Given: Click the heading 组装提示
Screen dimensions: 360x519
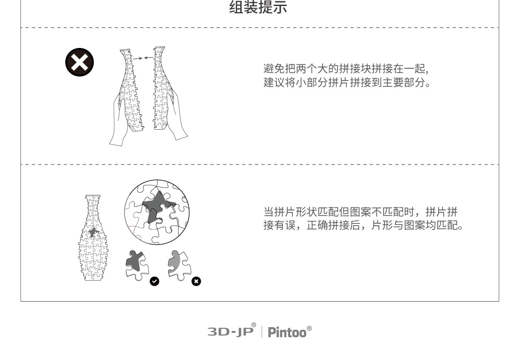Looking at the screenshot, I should pyautogui.click(x=258, y=7).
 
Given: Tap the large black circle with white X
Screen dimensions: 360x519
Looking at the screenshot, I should pyautogui.click(x=79, y=63).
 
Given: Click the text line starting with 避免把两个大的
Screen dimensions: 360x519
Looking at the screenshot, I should pyautogui.click(x=346, y=68).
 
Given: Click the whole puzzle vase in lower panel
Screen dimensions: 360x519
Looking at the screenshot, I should pyautogui.click(x=94, y=238).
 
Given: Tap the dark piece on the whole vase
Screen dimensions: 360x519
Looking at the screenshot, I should pyautogui.click(x=93, y=232).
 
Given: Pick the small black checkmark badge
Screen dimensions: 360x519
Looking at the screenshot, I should pyautogui.click(x=154, y=281).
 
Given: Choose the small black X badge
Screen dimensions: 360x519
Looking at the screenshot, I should pyautogui.click(x=196, y=281).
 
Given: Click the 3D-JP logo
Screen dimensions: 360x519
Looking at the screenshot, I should pyautogui.click(x=231, y=331).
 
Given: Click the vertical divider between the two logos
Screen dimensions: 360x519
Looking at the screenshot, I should pyautogui.click(x=262, y=332).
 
